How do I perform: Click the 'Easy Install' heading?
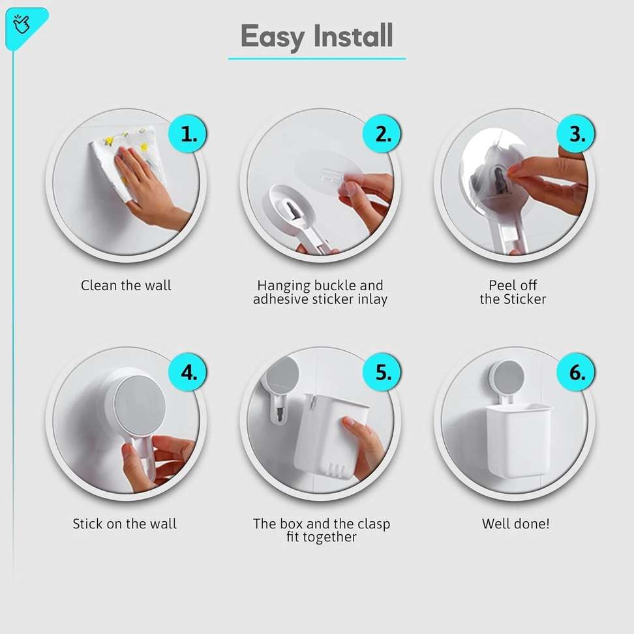tap(316, 37)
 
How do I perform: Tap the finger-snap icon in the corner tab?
tap(22, 24)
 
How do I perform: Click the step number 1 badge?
tap(188, 134)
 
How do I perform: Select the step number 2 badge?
tap(382, 134)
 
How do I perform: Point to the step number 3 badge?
tap(576, 134)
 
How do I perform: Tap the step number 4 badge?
tap(188, 372)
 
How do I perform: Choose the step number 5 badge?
tap(382, 372)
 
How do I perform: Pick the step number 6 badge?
tap(576, 372)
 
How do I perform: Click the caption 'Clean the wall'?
tap(126, 286)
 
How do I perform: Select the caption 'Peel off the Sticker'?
tap(513, 292)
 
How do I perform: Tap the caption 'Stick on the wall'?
tap(125, 524)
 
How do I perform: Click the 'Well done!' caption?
tap(515, 524)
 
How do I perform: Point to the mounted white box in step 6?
tap(519, 441)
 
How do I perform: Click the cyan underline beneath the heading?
tap(316, 59)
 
